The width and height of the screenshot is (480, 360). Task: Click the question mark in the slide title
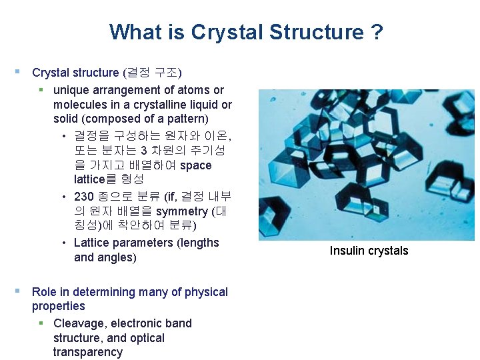click(x=377, y=32)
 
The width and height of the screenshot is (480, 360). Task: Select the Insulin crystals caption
click(x=369, y=251)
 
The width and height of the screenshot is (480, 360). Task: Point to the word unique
click(x=71, y=90)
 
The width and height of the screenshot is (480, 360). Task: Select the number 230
click(x=84, y=197)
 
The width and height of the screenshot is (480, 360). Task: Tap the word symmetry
click(x=181, y=211)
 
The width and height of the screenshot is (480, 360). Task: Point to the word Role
click(x=44, y=292)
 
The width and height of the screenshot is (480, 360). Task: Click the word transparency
click(x=88, y=352)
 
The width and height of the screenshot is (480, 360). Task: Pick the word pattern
click(x=187, y=119)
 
